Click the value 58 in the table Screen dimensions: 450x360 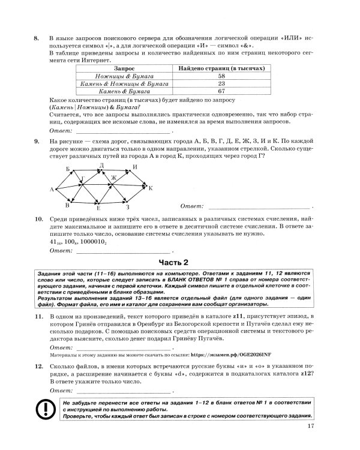[x=221, y=77]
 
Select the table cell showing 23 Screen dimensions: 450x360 [x=221, y=85]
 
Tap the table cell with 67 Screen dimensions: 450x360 [x=221, y=92]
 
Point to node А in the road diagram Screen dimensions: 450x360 [x=52, y=190]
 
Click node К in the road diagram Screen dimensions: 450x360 [x=151, y=188]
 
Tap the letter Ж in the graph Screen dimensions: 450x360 [x=112, y=178]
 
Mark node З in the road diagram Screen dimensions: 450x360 [x=127, y=208]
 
